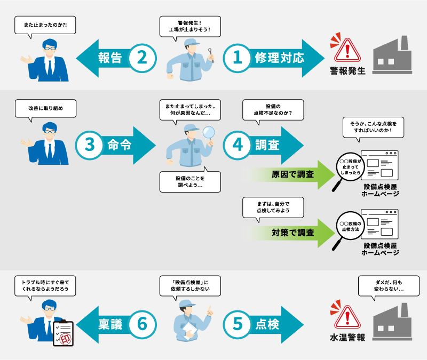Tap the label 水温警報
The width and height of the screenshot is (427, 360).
click(x=347, y=337)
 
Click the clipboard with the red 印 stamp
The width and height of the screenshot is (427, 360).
click(x=63, y=333)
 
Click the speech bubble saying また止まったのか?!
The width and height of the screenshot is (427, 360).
click(x=45, y=25)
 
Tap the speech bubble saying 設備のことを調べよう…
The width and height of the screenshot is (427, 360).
click(x=190, y=181)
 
